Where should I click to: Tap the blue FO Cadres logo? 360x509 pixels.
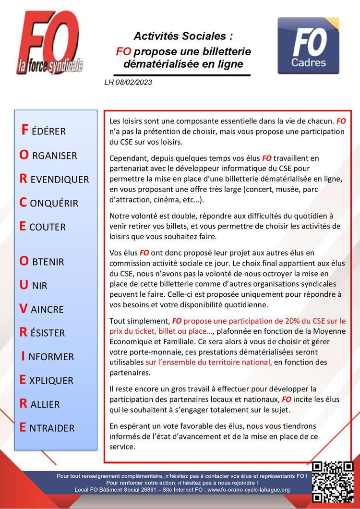[308, 46]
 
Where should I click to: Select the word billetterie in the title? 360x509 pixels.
[224, 51]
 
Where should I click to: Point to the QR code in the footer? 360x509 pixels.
[333, 482]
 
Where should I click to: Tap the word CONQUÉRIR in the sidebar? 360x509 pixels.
[48, 203]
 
